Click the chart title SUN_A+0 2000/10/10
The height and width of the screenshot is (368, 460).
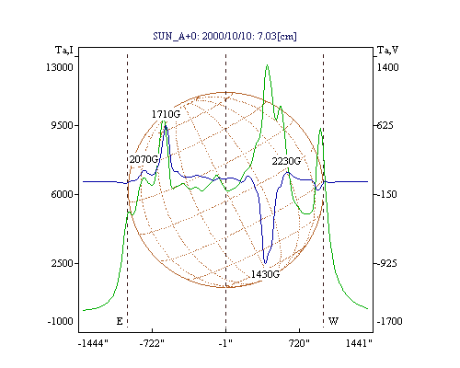(224, 36)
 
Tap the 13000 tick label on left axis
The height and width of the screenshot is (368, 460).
(60, 67)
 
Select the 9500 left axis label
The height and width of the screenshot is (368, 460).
(62, 125)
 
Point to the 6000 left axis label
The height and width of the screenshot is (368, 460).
(62, 194)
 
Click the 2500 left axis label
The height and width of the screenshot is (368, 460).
(62, 263)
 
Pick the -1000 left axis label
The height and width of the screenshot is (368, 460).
(60, 321)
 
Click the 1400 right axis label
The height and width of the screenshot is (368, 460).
(387, 67)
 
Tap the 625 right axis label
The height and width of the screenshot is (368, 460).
(385, 125)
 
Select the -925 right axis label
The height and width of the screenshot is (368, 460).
(386, 263)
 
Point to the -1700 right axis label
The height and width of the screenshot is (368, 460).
(389, 321)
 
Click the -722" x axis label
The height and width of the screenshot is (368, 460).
(152, 343)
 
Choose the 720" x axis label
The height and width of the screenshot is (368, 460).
(299, 343)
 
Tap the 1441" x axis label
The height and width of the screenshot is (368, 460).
(359, 343)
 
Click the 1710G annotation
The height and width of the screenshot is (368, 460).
(166, 114)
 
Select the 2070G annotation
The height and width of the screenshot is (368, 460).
(144, 159)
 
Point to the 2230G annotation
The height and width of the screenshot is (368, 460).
(286, 161)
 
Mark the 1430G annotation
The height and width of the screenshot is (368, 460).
(265, 274)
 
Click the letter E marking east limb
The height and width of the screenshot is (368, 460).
(120, 321)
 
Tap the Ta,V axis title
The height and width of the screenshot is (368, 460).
(387, 50)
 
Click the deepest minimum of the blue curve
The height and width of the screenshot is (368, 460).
(265, 263)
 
